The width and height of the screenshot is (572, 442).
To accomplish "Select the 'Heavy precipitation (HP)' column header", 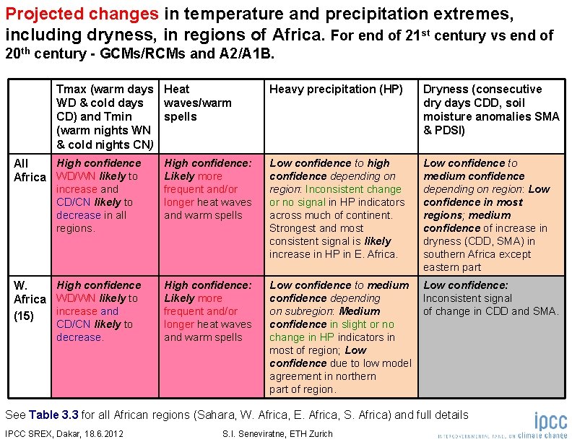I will (x=336, y=90).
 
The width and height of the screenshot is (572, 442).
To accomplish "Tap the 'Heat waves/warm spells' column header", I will (x=197, y=103).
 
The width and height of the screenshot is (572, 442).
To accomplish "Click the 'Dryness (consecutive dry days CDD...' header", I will (x=490, y=109).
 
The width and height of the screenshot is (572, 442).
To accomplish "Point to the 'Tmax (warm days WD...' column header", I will (x=105, y=116).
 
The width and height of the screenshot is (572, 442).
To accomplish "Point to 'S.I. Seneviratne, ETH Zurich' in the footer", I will (x=278, y=433).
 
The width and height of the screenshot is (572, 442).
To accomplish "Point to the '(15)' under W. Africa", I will (x=25, y=315).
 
